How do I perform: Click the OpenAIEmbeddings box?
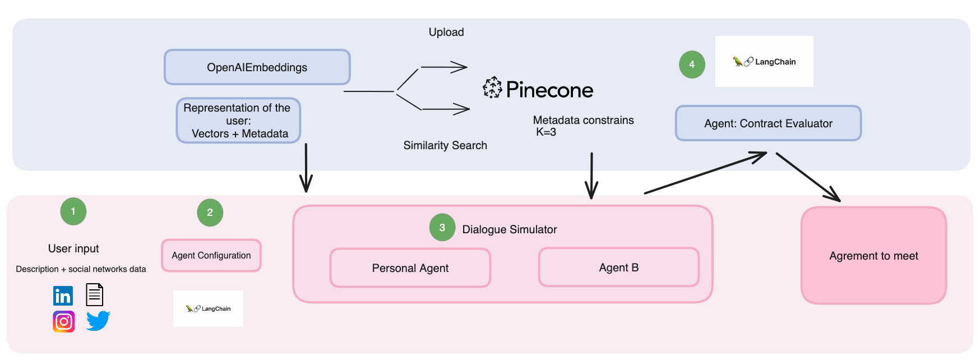pos(257,67)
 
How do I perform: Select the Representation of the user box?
pos(239,121)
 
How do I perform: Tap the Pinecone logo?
pos(538,89)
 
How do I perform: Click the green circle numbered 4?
pos(692,64)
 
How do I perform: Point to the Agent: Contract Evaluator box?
pos(768,123)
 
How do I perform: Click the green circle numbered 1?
pos(73,211)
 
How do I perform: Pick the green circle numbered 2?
pos(210,213)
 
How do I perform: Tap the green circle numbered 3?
pos(442,228)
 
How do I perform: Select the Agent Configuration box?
pos(211,256)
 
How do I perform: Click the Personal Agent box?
pos(410,268)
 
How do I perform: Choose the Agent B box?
pos(619,267)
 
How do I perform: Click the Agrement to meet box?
pos(873,256)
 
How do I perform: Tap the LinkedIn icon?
pos(63,296)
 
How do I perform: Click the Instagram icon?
pos(64,322)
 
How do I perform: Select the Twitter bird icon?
pos(98,321)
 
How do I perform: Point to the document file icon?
pos(95,294)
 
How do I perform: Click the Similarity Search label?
pos(445,145)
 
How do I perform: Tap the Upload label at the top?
pos(446,32)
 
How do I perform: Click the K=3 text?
pos(546,132)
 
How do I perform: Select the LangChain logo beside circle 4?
pos(764,62)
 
